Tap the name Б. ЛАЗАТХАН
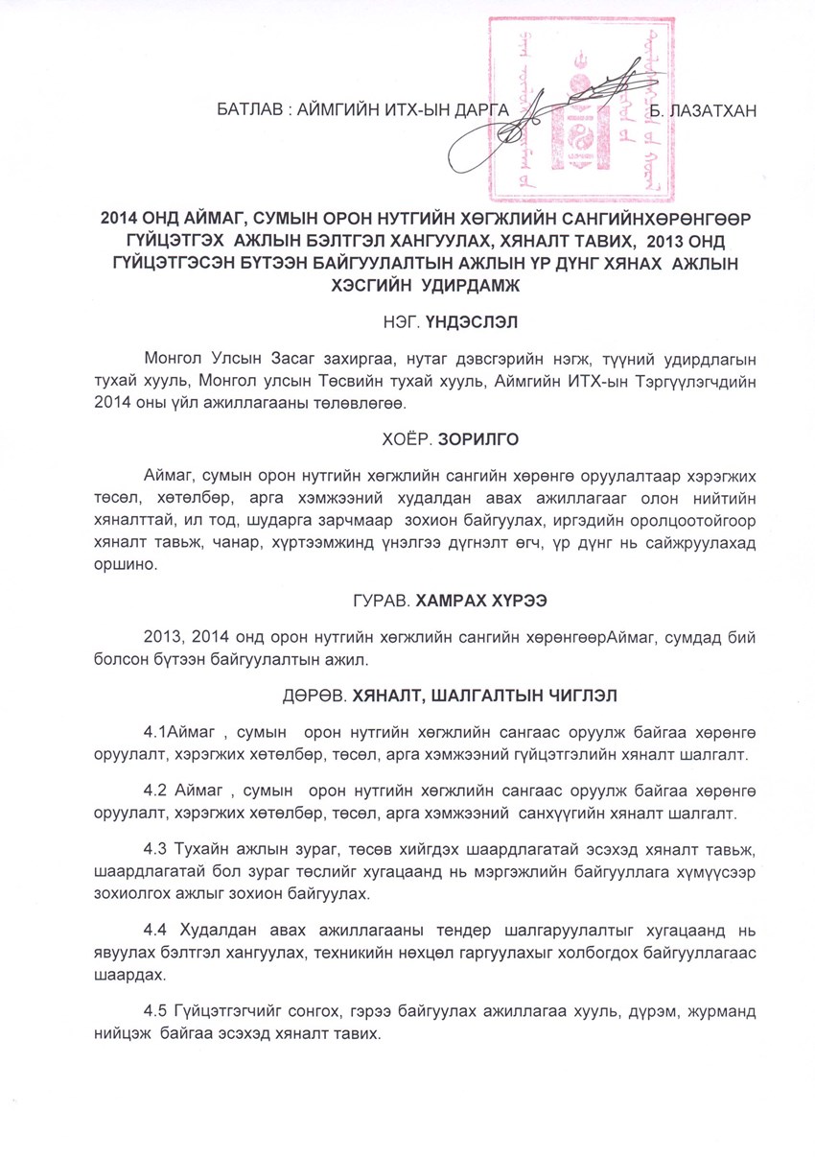(x=704, y=111)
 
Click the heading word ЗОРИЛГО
(x=478, y=440)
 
